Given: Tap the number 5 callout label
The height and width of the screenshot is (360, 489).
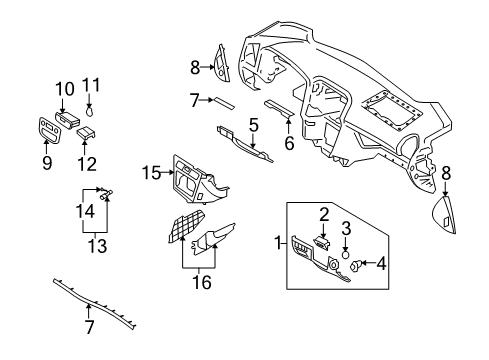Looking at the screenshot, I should tap(254, 125).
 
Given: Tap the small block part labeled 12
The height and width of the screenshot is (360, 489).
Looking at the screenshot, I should tap(87, 130).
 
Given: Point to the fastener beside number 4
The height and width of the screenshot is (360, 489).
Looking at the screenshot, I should tap(356, 264).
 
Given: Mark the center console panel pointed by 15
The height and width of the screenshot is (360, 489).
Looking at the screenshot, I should tap(195, 185).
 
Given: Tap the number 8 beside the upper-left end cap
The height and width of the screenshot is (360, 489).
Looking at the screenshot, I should tap(196, 69).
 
